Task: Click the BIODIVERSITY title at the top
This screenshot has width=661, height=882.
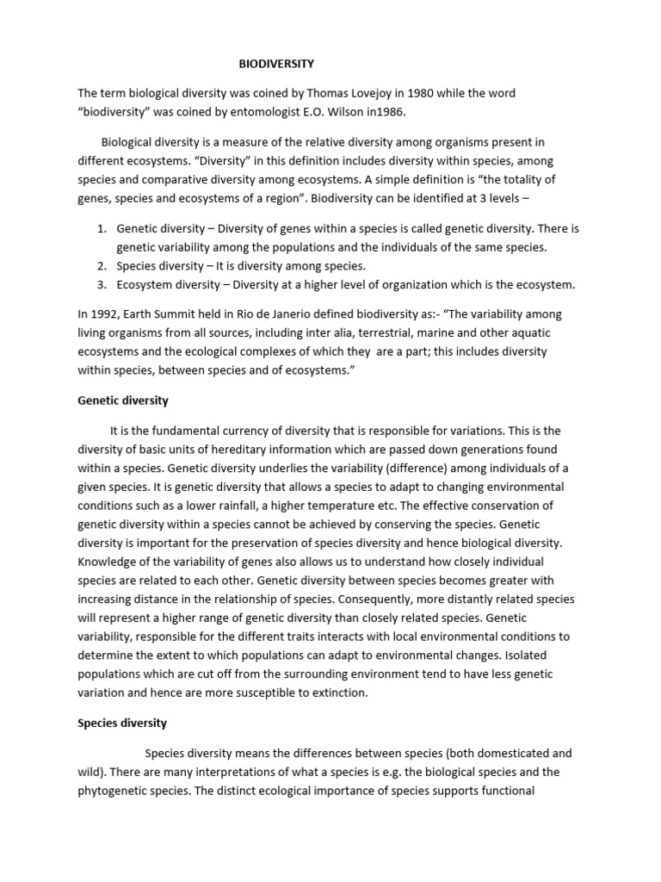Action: click(276, 64)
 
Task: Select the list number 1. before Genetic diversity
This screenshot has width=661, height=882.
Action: click(101, 228)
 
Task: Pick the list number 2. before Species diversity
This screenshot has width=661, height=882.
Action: click(101, 266)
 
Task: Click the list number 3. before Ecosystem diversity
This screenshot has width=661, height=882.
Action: click(101, 285)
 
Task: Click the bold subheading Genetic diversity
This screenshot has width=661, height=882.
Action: click(123, 401)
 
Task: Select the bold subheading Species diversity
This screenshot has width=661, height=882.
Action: click(122, 723)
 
